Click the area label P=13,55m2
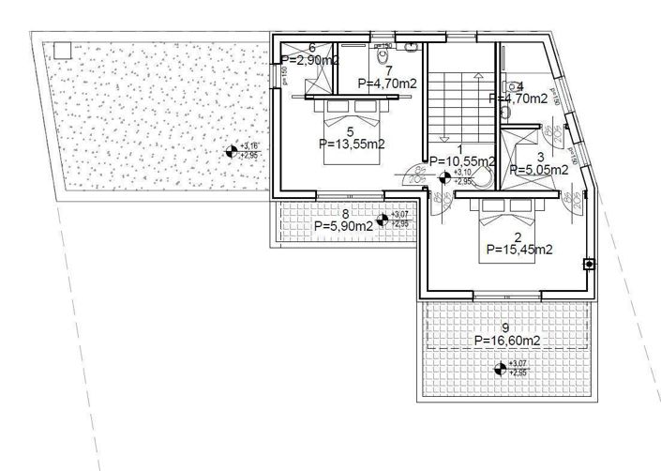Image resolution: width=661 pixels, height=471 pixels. pyautogui.click(x=353, y=144)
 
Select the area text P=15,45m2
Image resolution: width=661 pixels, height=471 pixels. pyautogui.click(x=518, y=250)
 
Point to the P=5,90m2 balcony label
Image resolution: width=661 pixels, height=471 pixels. pyautogui.click(x=345, y=226)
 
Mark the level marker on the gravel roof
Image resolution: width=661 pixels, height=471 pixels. pyautogui.click(x=231, y=151)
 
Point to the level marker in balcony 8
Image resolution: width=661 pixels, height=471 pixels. pyautogui.click(x=382, y=221)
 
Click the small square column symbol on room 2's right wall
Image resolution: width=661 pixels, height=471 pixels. pyautogui.click(x=589, y=265)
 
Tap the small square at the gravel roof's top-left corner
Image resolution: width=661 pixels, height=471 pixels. pyautogui.click(x=62, y=51)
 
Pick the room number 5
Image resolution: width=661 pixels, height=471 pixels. pyautogui.click(x=350, y=131)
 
